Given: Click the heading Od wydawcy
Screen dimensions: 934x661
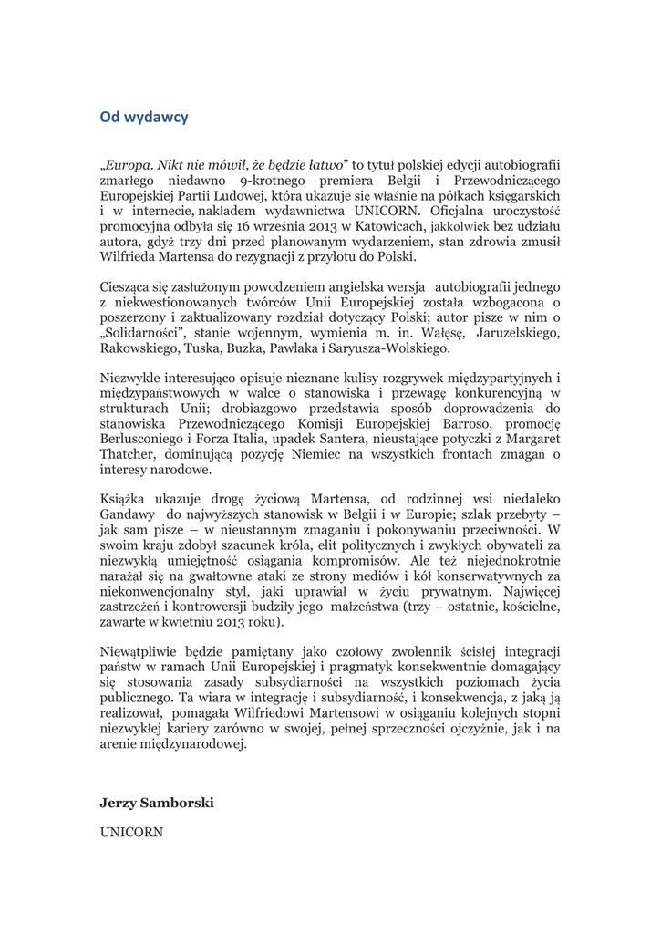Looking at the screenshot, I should pos(144,117).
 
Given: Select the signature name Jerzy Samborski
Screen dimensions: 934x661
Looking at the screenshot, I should pos(157,804).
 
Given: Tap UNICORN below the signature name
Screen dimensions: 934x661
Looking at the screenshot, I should pos(131,832).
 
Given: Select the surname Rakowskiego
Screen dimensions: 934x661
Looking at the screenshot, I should pos(141,348).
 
